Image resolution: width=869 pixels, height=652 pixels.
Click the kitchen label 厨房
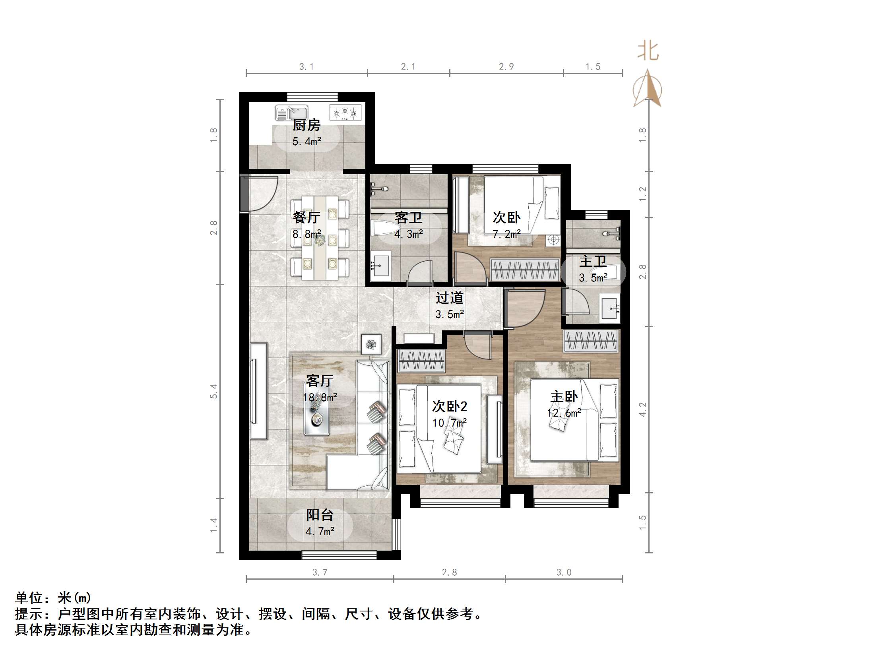click(306, 125)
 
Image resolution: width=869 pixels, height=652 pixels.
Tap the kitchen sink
click(292, 113)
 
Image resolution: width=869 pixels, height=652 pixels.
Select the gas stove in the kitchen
click(345, 113)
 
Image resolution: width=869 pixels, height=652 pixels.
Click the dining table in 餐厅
click(320, 238)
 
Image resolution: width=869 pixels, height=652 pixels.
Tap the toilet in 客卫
click(384, 229)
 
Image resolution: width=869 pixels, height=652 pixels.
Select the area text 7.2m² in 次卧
click(506, 234)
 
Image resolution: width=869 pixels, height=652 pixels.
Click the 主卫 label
click(593, 261)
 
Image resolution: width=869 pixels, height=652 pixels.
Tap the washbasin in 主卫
click(609, 308)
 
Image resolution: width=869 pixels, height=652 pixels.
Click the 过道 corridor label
click(449, 298)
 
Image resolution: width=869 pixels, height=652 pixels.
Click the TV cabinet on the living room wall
click(258, 391)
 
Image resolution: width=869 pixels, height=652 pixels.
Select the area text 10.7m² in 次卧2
click(449, 423)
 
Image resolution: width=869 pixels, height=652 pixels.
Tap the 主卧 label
click(564, 396)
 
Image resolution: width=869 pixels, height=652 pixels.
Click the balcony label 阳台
click(320, 515)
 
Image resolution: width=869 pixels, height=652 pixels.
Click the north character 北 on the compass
click(648, 51)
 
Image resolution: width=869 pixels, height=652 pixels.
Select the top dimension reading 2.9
click(506, 67)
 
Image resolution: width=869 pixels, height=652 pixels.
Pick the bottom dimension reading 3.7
click(320, 572)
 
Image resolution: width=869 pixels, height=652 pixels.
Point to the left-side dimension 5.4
click(214, 391)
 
